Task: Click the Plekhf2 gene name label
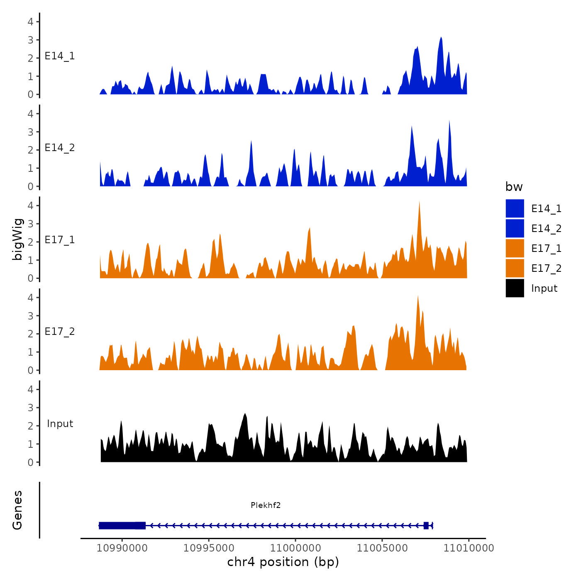266,505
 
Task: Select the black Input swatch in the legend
515,288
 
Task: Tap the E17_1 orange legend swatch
515,248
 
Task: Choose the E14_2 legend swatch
515,228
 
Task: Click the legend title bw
514,187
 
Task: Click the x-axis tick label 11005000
382,548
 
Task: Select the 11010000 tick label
469,548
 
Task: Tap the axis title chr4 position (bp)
283,562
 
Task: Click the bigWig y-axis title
17,239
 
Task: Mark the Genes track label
17,510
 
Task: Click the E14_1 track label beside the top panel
60,56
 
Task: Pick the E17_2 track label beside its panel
60,332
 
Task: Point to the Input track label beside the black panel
60,424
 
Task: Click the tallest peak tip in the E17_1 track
419,202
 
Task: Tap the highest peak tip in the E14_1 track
441,37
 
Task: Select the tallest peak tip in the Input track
245,414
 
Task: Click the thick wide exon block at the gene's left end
122,525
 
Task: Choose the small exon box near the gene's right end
426,525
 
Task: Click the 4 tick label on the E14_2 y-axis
30,114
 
